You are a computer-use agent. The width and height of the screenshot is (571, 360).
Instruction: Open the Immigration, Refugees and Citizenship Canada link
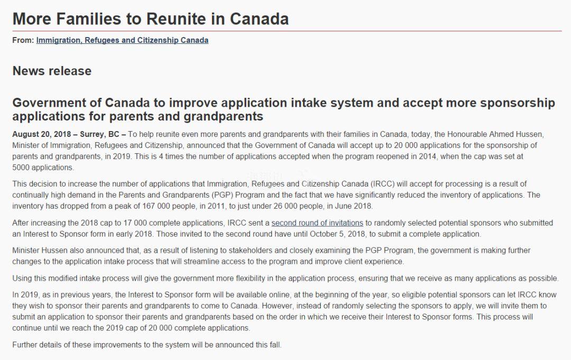pyautogui.click(x=122, y=40)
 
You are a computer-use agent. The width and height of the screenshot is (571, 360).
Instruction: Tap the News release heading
pyautogui.click(x=52, y=71)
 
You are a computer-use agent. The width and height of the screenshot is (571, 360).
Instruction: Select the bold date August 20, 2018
pyautogui.click(x=42, y=134)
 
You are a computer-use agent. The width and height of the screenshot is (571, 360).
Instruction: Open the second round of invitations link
pyautogui.click(x=317, y=223)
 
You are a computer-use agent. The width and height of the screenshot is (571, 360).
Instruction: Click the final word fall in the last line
pyautogui.click(x=274, y=345)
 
